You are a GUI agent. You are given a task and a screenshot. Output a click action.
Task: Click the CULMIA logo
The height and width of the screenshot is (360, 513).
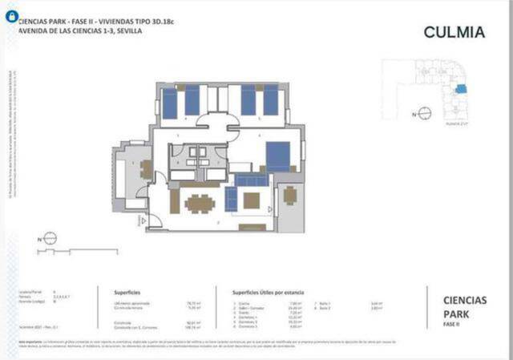click(454, 32)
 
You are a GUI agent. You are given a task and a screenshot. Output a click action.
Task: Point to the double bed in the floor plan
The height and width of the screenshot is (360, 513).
click(278, 156)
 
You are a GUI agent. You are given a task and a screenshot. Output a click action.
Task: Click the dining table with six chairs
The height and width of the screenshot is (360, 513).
click(198, 203)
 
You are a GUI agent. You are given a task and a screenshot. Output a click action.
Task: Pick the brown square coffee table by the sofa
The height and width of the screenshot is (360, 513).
click(252, 200)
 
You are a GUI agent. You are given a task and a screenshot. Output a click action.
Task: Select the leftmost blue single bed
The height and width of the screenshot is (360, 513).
click(170, 102)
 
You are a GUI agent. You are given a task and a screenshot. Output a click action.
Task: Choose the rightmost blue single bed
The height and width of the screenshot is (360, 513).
click(271, 100)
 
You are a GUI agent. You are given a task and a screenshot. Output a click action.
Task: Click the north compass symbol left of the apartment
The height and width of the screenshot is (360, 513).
click(49, 238)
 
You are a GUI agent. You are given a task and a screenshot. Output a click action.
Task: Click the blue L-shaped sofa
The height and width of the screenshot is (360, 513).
click(234, 192)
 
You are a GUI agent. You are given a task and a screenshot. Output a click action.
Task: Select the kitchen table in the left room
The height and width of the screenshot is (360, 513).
click(146, 169)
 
